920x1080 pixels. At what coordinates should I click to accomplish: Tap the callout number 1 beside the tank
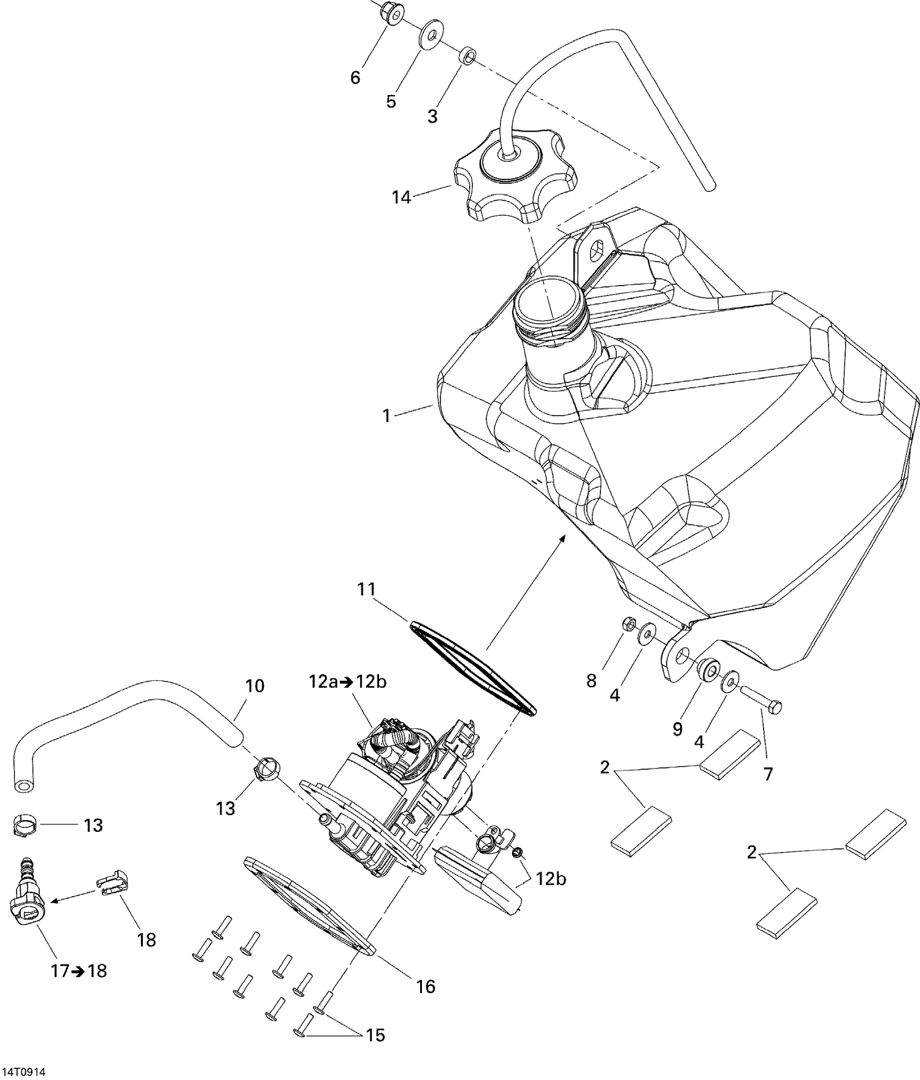tap(386, 416)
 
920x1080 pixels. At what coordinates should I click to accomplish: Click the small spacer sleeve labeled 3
tap(467, 55)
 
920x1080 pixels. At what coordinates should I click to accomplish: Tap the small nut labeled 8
tap(627, 625)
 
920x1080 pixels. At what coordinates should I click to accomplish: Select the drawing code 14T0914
tap(23, 1072)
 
